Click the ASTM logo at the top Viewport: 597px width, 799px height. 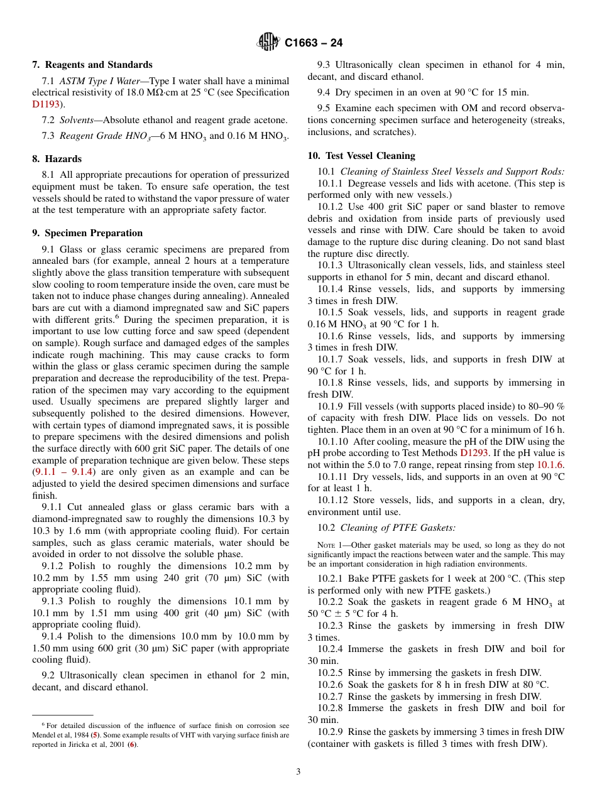click(268, 42)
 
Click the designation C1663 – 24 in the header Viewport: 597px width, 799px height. click(314, 43)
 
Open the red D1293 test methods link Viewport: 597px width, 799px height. click(476, 452)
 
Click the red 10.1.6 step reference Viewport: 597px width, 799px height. click(550, 464)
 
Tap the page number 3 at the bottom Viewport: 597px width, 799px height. click(298, 771)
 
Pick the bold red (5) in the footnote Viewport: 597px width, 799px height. click(94, 735)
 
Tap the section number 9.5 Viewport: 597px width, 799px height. click(324, 108)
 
